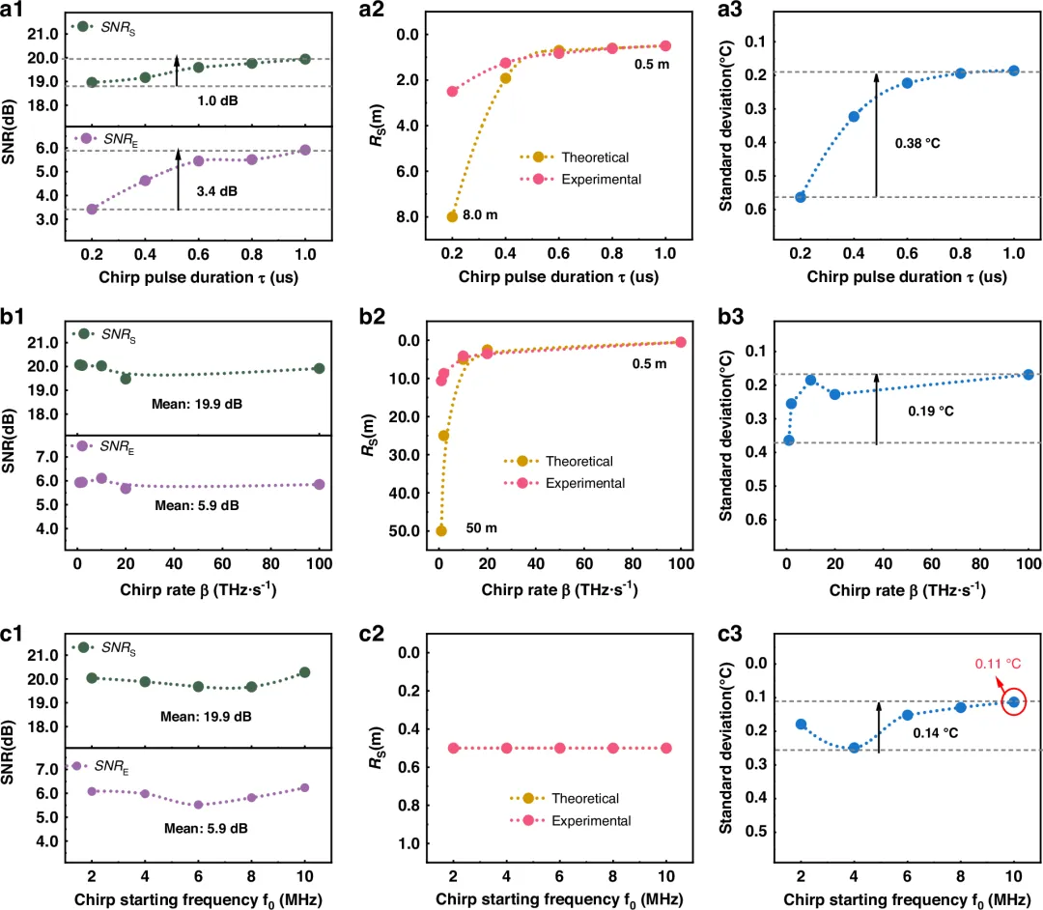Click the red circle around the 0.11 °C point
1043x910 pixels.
pos(1013,702)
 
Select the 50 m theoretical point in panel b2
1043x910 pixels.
pos(441,530)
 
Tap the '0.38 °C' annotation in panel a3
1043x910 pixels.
pos(917,143)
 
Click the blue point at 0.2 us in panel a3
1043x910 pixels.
pos(800,197)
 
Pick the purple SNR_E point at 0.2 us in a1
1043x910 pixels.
pos(92,209)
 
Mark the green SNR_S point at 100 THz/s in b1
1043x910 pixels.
pos(319,368)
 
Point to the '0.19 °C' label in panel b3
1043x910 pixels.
pos(930,411)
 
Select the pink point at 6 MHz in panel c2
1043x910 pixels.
pos(559,748)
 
